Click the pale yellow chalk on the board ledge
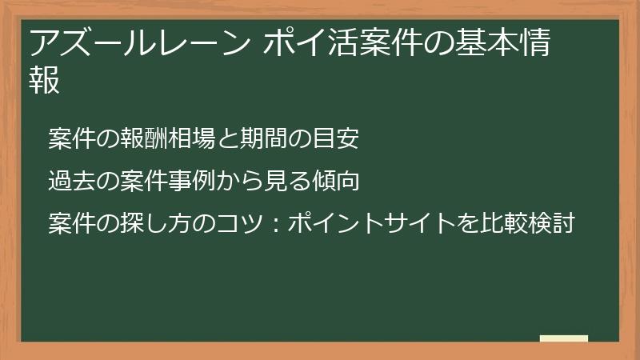(563, 338)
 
